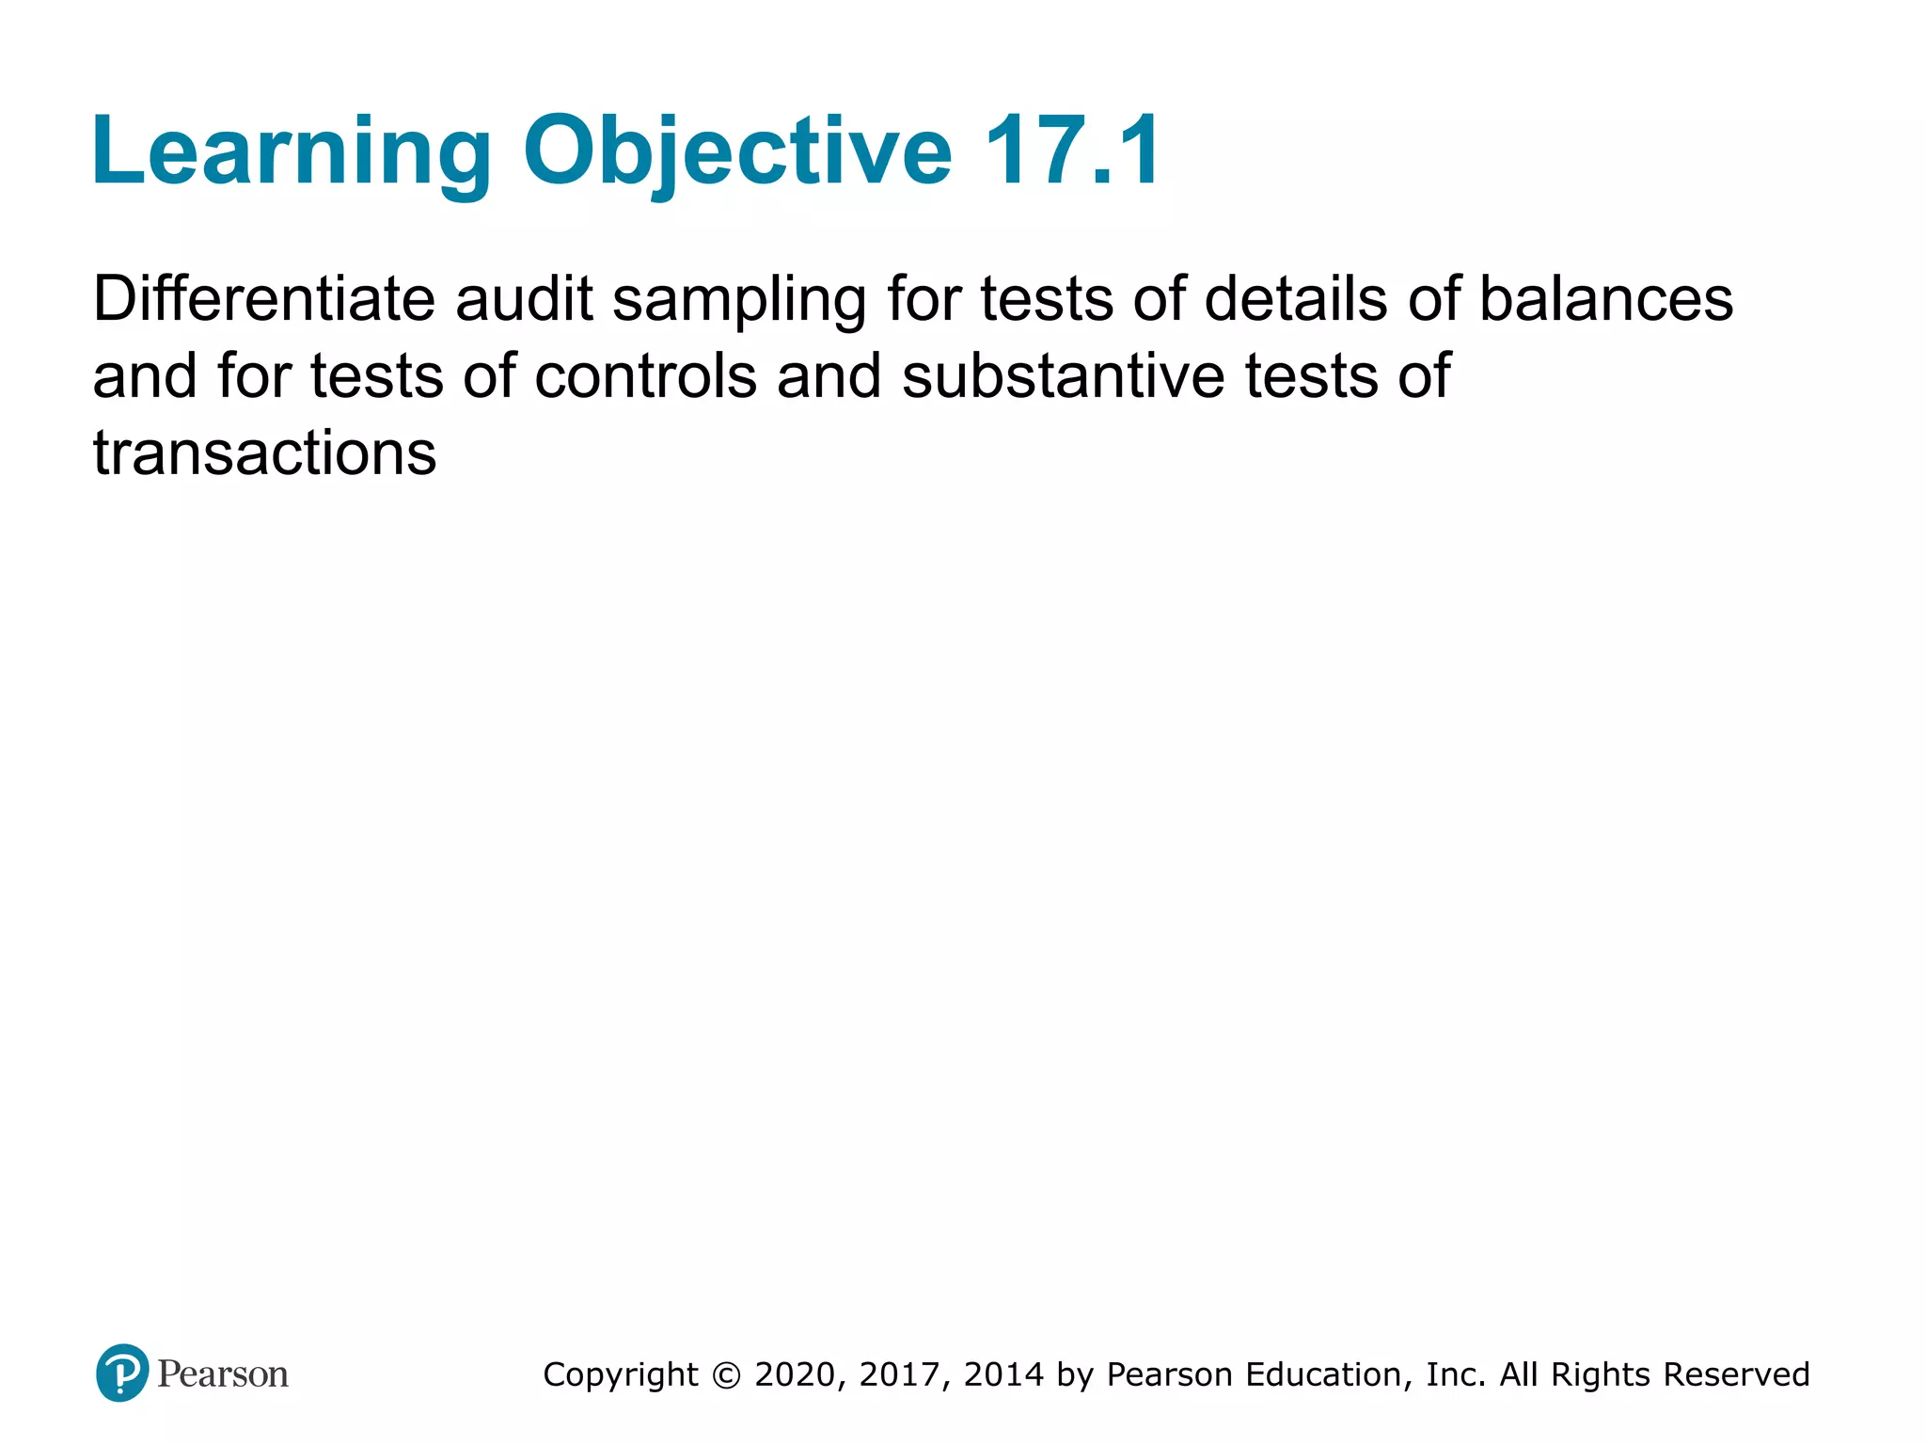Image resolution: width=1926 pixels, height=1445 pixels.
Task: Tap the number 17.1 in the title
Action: [1073, 151]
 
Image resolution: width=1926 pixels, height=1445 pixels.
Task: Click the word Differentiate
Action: [264, 299]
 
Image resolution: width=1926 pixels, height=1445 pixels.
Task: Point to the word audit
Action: [524, 299]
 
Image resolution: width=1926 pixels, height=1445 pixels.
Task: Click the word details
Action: [1297, 299]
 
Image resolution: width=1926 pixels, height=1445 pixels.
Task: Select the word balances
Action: [1606, 299]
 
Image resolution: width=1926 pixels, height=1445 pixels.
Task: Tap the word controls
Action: [646, 376]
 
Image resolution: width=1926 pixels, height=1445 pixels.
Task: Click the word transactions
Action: [264, 453]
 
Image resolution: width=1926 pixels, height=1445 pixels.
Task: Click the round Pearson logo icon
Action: [122, 1374]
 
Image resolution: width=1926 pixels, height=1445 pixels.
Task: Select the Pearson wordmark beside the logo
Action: [223, 1374]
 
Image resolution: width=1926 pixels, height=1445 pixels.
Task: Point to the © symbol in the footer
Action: [726, 1375]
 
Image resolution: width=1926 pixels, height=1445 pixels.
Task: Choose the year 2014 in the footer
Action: [1003, 1375]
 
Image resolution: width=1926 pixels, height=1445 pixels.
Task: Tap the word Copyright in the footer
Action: [621, 1375]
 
